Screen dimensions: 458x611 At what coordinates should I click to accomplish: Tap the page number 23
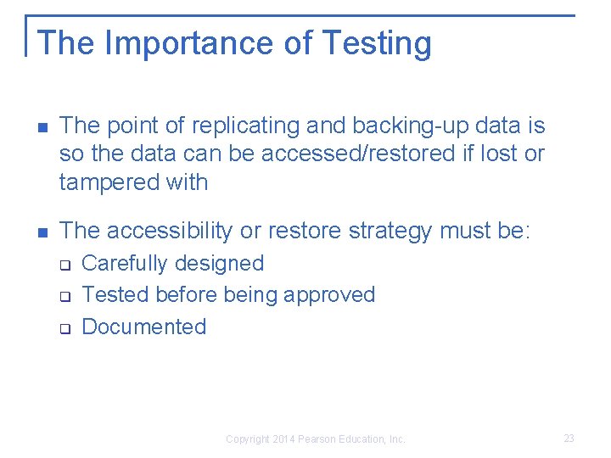pos(569,438)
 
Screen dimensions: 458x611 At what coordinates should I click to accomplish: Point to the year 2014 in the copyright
pos(283,439)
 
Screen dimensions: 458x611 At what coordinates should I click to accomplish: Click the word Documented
pos(144,327)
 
